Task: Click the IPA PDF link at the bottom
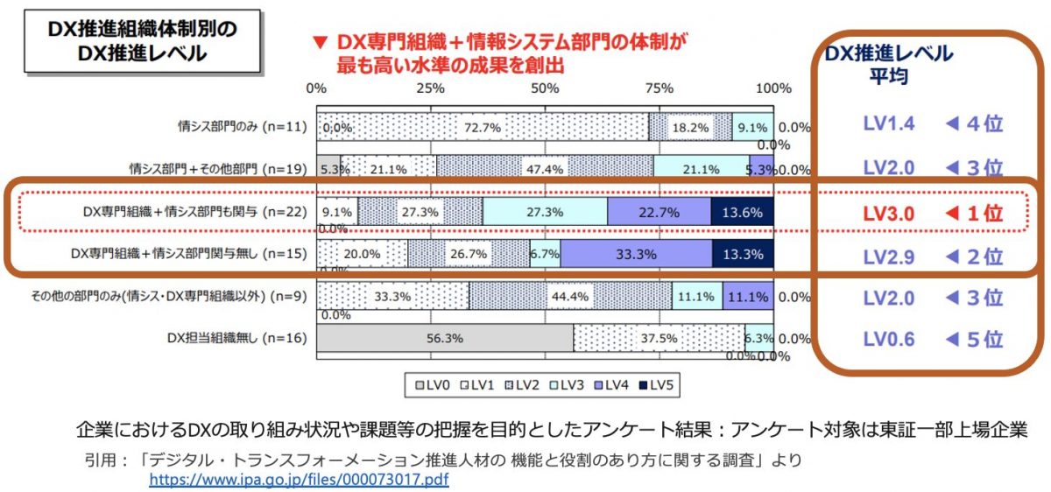299,480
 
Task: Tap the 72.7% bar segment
483,127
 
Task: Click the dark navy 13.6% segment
742,212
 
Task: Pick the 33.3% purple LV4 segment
636,254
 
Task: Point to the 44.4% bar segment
570,297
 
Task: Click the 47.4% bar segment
545,169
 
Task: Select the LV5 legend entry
661,384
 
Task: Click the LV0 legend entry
428,384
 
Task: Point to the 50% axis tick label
545,88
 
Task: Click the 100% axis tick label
772,88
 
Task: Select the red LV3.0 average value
889,213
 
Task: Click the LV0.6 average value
889,340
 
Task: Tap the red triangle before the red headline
320,41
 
